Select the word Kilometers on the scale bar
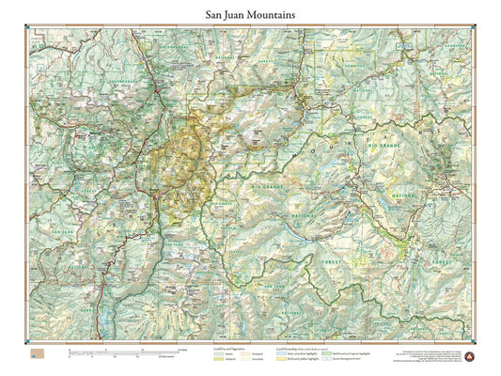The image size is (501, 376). coord(169,356)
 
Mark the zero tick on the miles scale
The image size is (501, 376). coord(68,350)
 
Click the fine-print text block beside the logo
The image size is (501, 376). coord(431,355)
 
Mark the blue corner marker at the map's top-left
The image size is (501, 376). coord(26,37)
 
